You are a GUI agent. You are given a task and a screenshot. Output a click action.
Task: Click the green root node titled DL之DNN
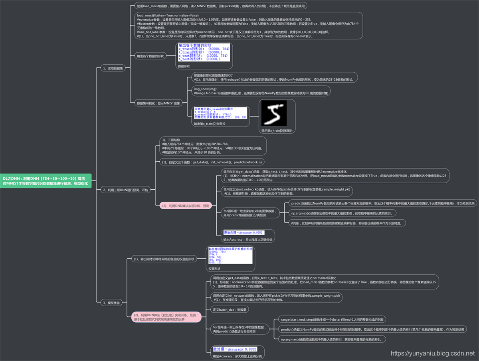coord(46,181)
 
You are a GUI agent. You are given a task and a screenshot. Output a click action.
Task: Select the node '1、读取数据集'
coord(113,68)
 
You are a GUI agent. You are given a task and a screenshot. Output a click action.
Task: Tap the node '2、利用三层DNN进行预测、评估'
coord(125,190)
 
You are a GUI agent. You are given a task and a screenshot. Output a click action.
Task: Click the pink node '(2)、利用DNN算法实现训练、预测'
coord(184,206)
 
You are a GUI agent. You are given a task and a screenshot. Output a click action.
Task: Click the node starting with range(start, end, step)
coord(332,319)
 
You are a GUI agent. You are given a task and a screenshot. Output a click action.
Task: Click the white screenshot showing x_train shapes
coord(204,52)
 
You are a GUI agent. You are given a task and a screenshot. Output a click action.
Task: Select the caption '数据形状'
coord(184,66)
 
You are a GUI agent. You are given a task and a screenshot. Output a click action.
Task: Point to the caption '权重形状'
coord(214,269)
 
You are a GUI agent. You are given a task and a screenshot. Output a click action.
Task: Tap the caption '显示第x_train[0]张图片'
coord(277,131)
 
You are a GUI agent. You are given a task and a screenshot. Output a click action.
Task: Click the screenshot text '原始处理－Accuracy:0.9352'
coord(242,232)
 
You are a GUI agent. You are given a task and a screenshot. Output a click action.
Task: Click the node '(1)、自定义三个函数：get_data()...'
coord(211,162)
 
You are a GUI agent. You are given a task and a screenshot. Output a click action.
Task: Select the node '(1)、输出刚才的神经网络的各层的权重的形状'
coord(164,259)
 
